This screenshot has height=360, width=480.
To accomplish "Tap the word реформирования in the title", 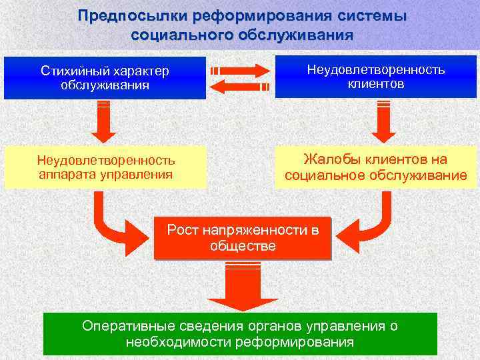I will [x=237, y=15].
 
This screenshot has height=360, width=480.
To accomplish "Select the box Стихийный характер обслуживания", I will [x=105, y=78].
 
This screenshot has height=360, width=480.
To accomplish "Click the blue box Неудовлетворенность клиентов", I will [x=375, y=77].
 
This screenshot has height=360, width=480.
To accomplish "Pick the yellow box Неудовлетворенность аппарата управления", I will [x=105, y=167].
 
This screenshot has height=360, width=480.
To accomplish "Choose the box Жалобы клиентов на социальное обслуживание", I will [x=375, y=167].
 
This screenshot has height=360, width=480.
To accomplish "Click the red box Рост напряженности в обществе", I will [x=243, y=238].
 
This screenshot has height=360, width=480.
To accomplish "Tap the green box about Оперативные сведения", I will [x=240, y=334].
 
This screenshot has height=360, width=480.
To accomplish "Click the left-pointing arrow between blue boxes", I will [x=241, y=85].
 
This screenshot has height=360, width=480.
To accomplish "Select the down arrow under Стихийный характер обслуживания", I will [x=103, y=121].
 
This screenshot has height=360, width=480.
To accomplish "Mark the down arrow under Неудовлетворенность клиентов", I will [x=383, y=121].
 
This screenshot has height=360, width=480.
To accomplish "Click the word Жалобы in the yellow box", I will [x=325, y=159].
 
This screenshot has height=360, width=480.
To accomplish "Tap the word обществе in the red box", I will [x=243, y=246].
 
